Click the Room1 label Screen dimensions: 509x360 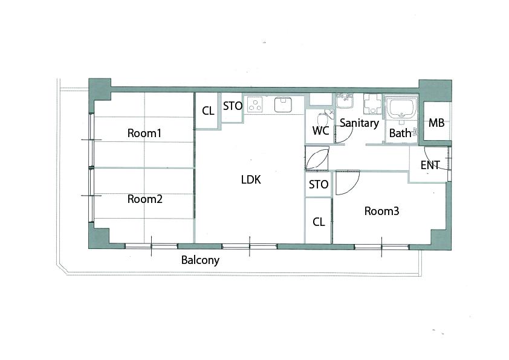tap(144, 133)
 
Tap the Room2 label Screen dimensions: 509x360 tap(144, 199)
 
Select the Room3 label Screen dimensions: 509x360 tap(382, 211)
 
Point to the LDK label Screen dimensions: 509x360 tap(251, 179)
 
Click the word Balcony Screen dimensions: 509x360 tap(200, 260)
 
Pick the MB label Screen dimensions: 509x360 tap(436, 123)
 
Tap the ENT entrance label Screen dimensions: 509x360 tap(430, 165)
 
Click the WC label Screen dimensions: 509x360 tap(321, 130)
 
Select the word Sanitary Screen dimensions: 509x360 tap(359, 123)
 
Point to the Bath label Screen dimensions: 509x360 tap(400, 133)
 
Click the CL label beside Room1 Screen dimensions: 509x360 tap(208, 111)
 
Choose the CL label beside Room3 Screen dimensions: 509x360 tap(319, 222)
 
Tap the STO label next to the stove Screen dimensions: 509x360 tap(233, 106)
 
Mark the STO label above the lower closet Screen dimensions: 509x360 tap(319, 185)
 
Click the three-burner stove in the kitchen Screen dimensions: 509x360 tap(255, 104)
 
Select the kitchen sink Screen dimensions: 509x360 tap(284, 104)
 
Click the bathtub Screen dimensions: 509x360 tap(401, 109)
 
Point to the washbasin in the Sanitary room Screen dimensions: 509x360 tap(344, 103)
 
